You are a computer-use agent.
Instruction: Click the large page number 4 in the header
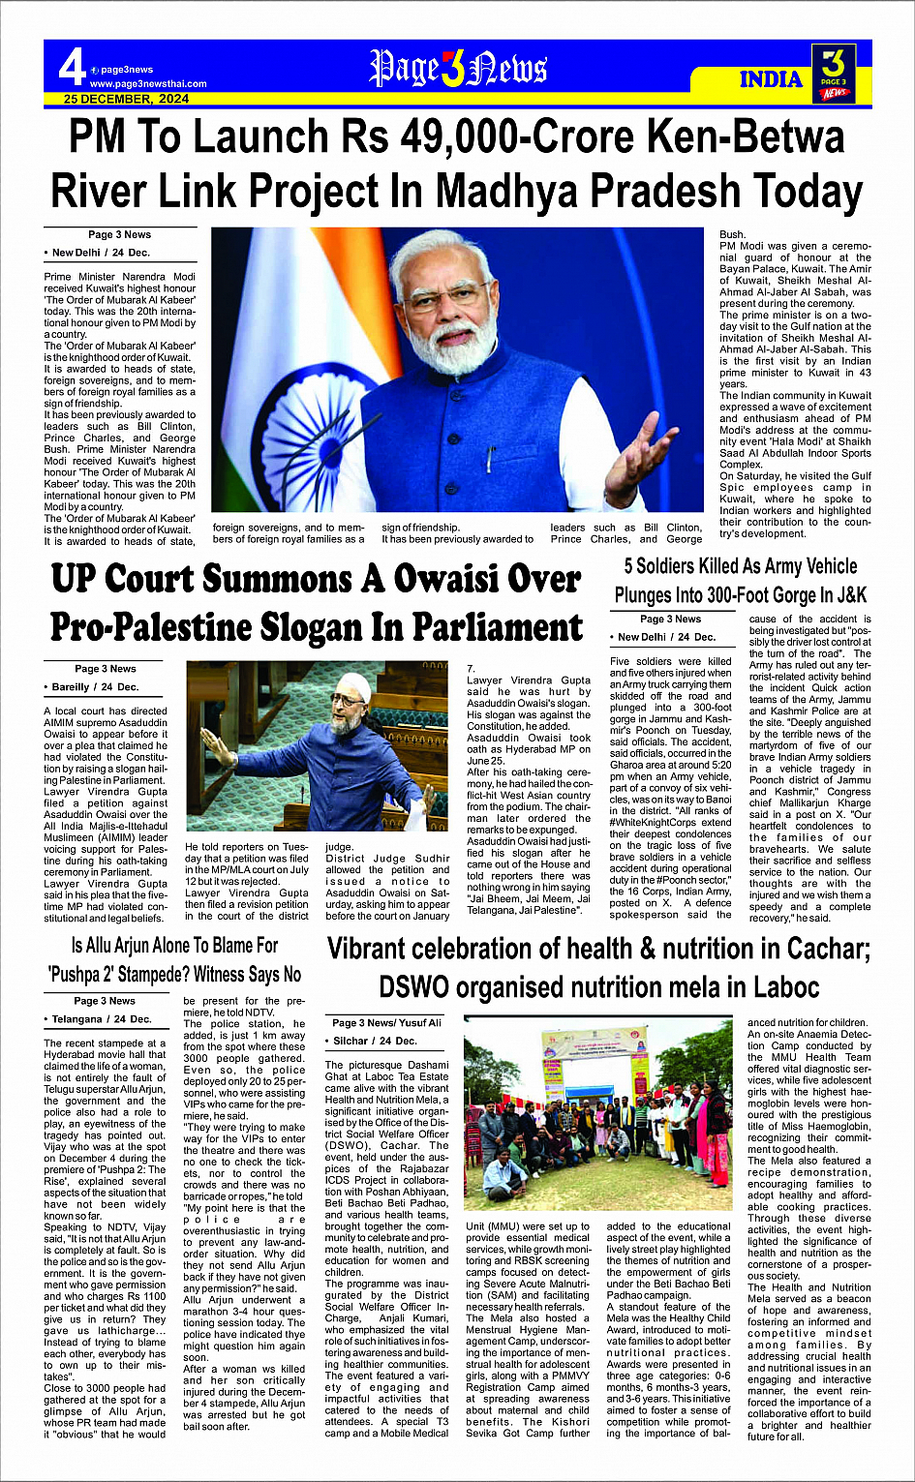(x=72, y=68)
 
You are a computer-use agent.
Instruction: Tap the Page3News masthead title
(x=458, y=69)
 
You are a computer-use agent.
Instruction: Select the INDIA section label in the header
(x=771, y=79)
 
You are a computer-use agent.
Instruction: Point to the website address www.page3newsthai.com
(x=148, y=84)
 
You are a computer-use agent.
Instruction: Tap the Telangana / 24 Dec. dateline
(x=102, y=1018)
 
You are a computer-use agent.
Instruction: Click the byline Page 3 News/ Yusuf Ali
(x=386, y=1022)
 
